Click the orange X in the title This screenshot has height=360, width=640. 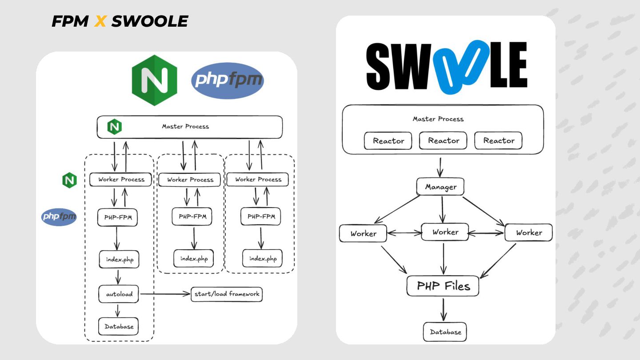(100, 21)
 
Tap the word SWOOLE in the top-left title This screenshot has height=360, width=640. (150, 21)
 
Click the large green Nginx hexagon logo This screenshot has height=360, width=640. (155, 80)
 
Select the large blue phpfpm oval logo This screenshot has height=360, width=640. (228, 80)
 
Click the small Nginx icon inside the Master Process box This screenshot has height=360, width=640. (115, 127)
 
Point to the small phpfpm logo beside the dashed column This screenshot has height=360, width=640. (59, 217)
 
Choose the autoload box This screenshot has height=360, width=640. (119, 294)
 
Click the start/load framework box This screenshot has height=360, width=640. (227, 294)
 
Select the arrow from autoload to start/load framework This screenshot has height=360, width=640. (165, 294)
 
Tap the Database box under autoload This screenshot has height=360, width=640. (118, 326)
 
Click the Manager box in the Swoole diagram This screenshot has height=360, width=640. (440, 187)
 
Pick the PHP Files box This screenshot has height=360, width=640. (443, 286)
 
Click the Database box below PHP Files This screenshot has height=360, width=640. (445, 332)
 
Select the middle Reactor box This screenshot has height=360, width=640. (443, 140)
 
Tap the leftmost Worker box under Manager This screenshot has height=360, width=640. (363, 233)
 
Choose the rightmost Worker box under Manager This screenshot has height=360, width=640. (528, 232)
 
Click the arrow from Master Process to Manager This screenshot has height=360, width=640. (440, 167)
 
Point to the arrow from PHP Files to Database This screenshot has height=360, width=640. (444, 309)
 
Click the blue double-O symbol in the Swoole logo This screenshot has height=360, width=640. (461, 67)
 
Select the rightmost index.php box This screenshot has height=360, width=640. (262, 258)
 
